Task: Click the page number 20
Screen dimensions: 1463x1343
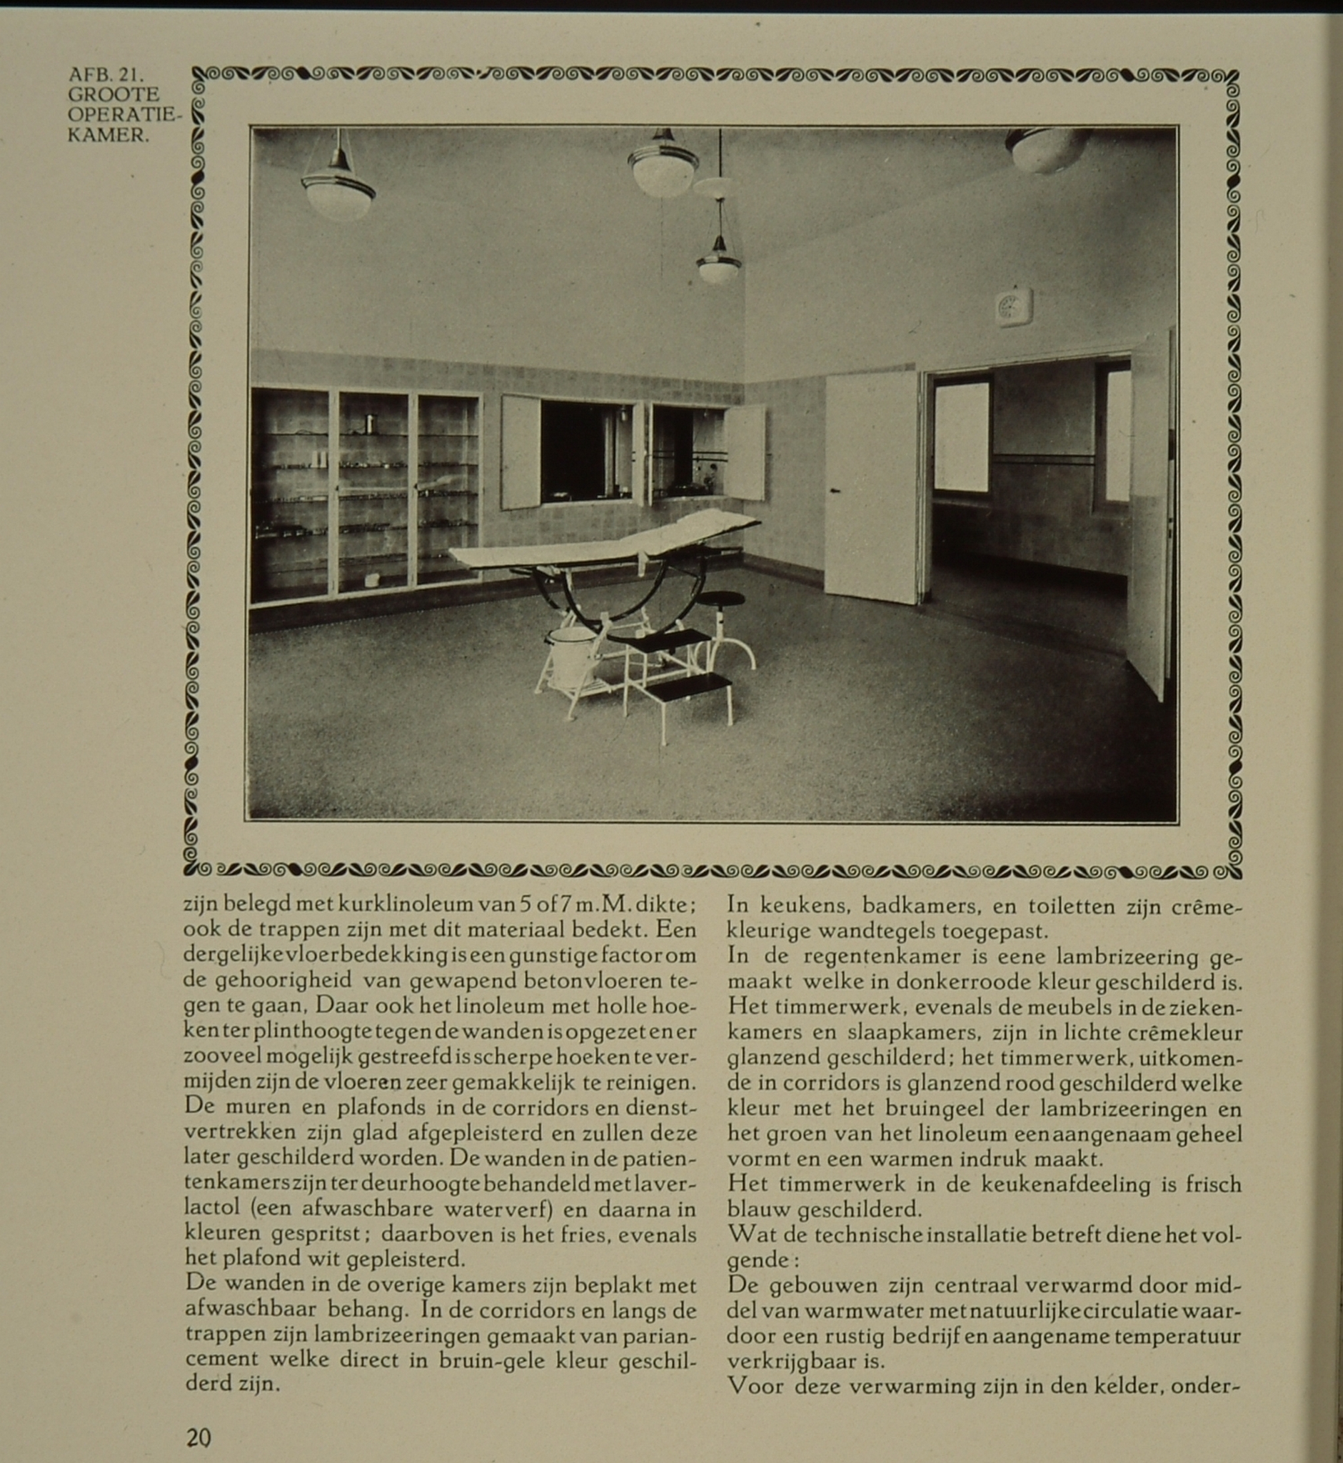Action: [198, 1437]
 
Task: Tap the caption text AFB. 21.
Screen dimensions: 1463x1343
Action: [106, 74]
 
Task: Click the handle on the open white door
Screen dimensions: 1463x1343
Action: [835, 491]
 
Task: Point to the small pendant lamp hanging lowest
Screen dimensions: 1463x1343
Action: [719, 263]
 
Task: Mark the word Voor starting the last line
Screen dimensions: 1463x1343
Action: [755, 1387]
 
